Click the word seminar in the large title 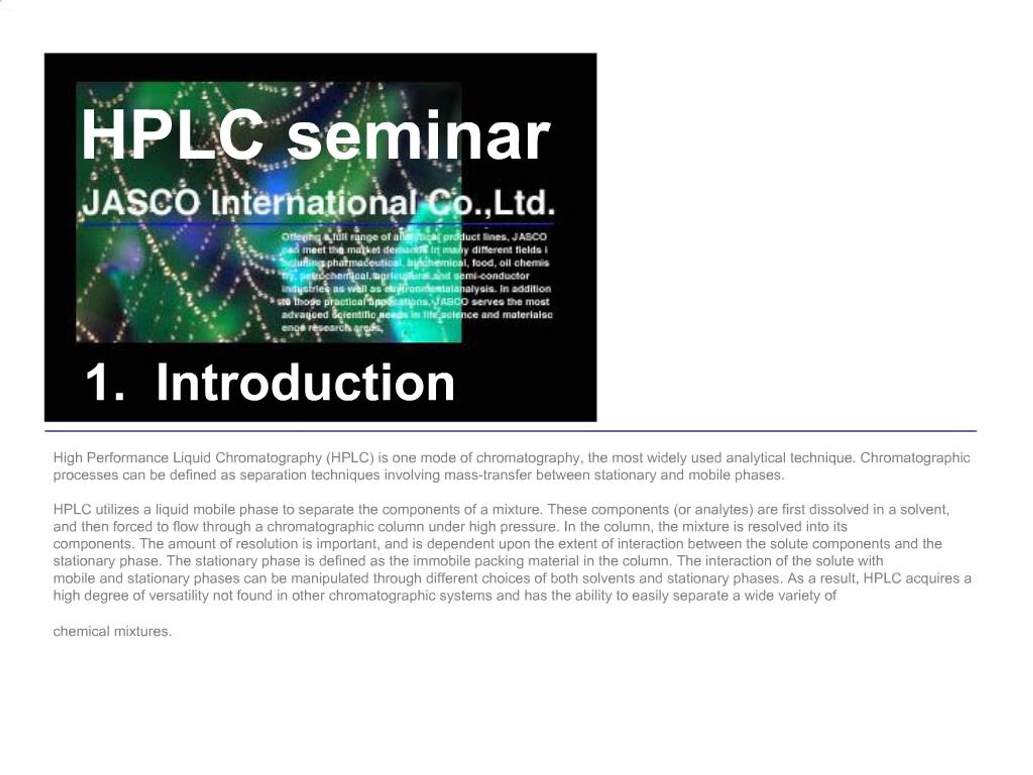coord(418,138)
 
